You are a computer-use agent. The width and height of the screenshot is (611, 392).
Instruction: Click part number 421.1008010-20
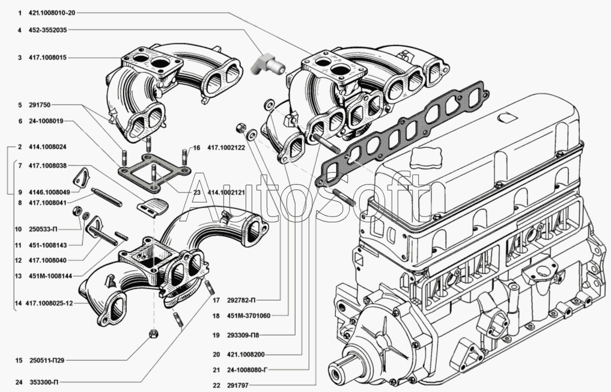(x=52, y=13)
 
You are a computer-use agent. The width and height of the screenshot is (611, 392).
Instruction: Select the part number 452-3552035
(x=47, y=30)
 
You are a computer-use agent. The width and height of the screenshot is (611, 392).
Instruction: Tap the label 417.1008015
(x=47, y=58)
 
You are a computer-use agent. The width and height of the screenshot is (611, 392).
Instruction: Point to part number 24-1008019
(x=46, y=121)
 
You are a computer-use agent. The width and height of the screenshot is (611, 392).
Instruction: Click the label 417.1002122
(x=226, y=148)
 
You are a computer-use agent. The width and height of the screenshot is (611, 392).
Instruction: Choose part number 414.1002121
(x=226, y=192)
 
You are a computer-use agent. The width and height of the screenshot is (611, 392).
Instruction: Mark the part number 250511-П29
(x=46, y=361)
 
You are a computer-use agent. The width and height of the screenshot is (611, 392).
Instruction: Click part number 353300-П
(x=44, y=382)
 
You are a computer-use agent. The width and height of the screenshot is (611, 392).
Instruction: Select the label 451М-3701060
(x=248, y=316)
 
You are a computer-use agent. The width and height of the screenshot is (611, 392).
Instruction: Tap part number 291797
(x=237, y=385)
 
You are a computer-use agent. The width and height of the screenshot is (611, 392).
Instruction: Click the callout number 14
(x=18, y=304)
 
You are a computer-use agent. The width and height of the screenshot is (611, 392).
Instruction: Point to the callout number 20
(x=217, y=355)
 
